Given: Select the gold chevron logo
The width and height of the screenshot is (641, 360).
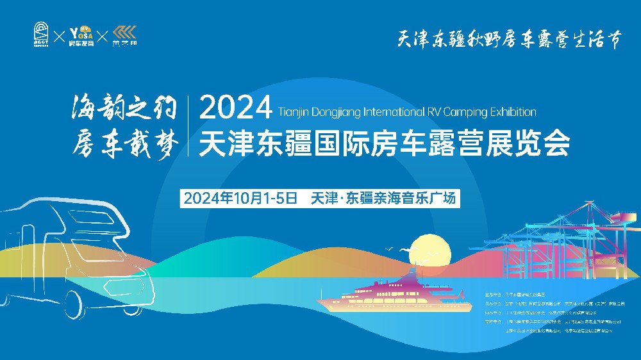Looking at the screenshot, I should click(124, 35).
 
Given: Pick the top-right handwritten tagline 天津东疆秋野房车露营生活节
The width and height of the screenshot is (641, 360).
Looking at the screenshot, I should click(510, 39).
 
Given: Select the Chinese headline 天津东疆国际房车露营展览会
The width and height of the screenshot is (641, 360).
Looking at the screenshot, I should click(385, 143).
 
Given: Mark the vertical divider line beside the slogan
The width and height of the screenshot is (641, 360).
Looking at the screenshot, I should click(188, 126).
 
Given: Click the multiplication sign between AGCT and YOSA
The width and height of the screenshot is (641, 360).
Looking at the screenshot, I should click(59, 36).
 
